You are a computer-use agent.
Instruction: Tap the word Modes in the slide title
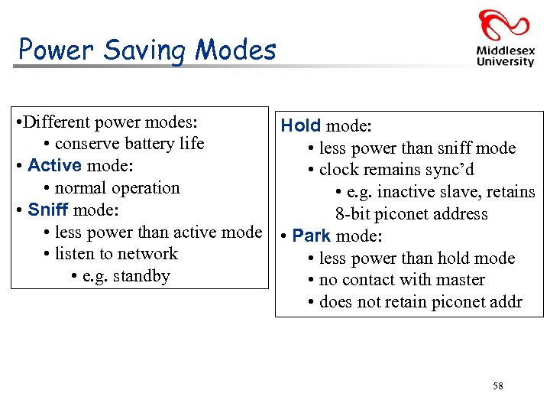tap(235, 50)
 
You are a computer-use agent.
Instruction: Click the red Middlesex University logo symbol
tap(504, 24)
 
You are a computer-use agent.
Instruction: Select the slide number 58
tap(498, 386)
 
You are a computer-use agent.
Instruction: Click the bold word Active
tap(54, 166)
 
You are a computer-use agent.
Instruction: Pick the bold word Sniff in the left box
tap(48, 210)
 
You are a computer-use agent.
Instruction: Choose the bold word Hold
tap(301, 125)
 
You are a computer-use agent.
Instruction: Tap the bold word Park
tap(312, 236)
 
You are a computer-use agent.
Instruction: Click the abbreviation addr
tap(505, 302)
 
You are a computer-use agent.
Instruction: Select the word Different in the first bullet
tap(57, 122)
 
